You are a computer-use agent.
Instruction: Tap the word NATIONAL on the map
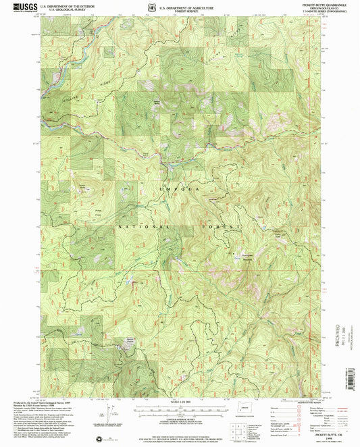pyautogui.click(x=135, y=228)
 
